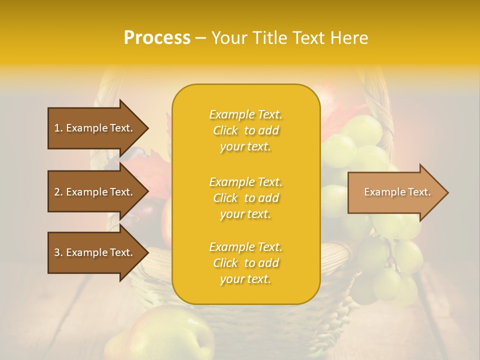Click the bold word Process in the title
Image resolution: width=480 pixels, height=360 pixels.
(x=157, y=38)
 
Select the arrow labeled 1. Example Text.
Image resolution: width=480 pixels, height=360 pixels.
(x=95, y=128)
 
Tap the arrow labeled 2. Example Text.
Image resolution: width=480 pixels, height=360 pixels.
(x=95, y=192)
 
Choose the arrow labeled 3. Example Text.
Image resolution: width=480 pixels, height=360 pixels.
(x=95, y=252)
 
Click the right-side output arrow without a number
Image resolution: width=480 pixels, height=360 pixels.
(x=395, y=192)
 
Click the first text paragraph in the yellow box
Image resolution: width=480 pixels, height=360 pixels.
(x=245, y=130)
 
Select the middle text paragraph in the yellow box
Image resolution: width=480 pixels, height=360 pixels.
(x=245, y=198)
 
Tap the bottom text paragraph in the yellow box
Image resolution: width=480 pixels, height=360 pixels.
(x=245, y=263)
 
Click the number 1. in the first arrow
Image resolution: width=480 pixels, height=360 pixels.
(x=58, y=128)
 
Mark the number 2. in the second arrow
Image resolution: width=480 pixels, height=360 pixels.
(x=58, y=192)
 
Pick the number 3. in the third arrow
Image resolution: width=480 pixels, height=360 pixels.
(x=58, y=252)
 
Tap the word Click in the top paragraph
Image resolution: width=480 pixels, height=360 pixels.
(x=225, y=130)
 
